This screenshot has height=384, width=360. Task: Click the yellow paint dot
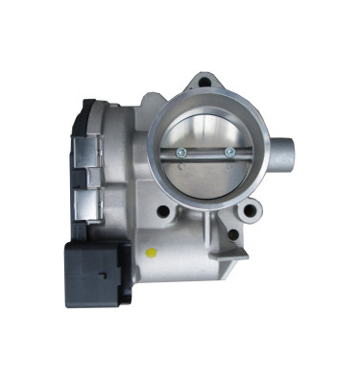(x=149, y=252)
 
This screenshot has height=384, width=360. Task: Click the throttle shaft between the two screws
(x=204, y=152)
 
